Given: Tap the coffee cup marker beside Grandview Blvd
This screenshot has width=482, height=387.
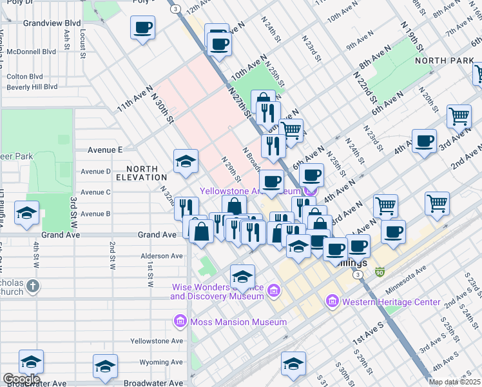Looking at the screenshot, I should click(x=142, y=28).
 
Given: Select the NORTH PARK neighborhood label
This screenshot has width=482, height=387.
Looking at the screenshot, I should click(x=445, y=60).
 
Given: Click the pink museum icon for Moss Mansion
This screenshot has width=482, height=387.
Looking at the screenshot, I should click(x=180, y=321).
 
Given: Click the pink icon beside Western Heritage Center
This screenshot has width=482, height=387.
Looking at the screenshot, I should click(x=333, y=301).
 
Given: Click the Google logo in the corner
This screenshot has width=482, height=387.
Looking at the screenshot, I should click(x=21, y=379).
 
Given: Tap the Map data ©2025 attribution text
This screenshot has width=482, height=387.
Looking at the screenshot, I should click(x=454, y=382).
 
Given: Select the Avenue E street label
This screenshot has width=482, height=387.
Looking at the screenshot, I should click(x=105, y=150).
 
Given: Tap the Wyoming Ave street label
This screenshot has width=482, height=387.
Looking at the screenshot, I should click(x=157, y=362).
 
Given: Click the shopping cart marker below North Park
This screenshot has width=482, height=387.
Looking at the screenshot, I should click(x=459, y=117).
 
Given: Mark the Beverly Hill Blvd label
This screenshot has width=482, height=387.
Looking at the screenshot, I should click(x=32, y=87).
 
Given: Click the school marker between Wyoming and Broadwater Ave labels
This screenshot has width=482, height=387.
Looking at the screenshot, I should click(x=105, y=366).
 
